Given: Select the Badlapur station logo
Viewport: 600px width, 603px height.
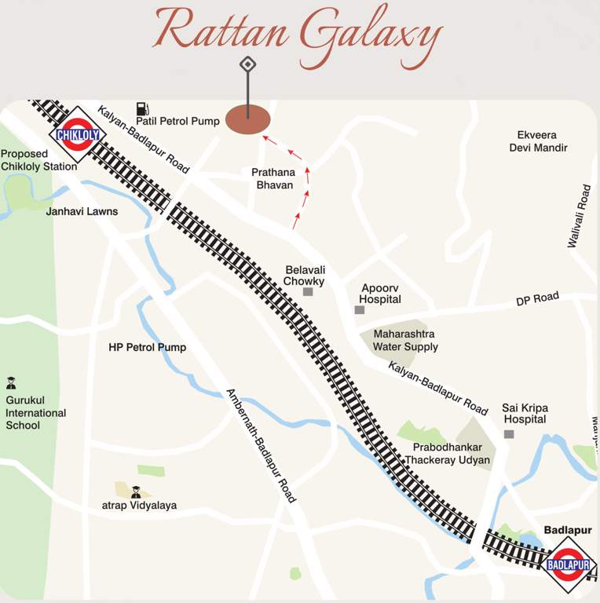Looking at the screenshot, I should pyautogui.click(x=569, y=565).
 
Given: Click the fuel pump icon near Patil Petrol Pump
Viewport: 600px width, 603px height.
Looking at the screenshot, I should pyautogui.click(x=142, y=108).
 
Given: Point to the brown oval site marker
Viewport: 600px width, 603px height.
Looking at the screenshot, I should pyautogui.click(x=247, y=120).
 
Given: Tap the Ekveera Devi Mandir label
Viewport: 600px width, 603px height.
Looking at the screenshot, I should pyautogui.click(x=538, y=141).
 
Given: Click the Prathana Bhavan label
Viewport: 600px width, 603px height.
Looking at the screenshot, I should pyautogui.click(x=272, y=178).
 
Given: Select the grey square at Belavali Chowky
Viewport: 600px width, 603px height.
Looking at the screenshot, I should pyautogui.click(x=308, y=292).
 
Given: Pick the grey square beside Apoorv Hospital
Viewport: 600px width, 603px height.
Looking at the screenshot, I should pyautogui.click(x=359, y=310).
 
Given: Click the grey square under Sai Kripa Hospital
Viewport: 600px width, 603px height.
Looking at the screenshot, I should pyautogui.click(x=509, y=434).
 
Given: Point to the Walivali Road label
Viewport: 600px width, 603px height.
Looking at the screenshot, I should pyautogui.click(x=583, y=217).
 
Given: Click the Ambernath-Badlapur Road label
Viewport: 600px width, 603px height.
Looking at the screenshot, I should pyautogui.click(x=261, y=445).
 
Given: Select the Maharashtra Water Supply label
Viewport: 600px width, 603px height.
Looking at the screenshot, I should pyautogui.click(x=405, y=340).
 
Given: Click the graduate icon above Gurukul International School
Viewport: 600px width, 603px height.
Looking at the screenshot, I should pyautogui.click(x=11, y=383).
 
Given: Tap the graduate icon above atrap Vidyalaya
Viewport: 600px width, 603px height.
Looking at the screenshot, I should pyautogui.click(x=135, y=492).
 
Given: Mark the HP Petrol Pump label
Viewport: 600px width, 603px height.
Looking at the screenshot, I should pyautogui.click(x=147, y=347).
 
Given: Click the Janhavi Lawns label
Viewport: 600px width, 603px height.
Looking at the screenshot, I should pyautogui.click(x=82, y=211).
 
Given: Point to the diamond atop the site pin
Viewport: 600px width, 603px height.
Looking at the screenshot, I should pyautogui.click(x=247, y=64).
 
